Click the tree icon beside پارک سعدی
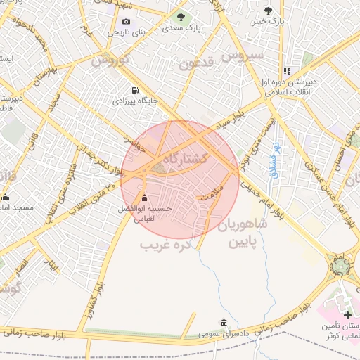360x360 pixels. (x=181, y=16)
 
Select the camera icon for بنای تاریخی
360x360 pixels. (x=127, y=21)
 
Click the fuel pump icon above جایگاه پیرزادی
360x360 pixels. (x=134, y=90)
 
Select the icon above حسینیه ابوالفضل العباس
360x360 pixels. (x=145, y=198)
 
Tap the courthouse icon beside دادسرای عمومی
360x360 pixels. (x=224, y=323)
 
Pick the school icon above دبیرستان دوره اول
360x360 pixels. (x=287, y=71)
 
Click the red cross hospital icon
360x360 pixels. (x=347, y=314)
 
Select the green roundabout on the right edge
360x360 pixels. (x=341, y=265)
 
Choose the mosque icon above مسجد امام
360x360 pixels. (x=6, y=197)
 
